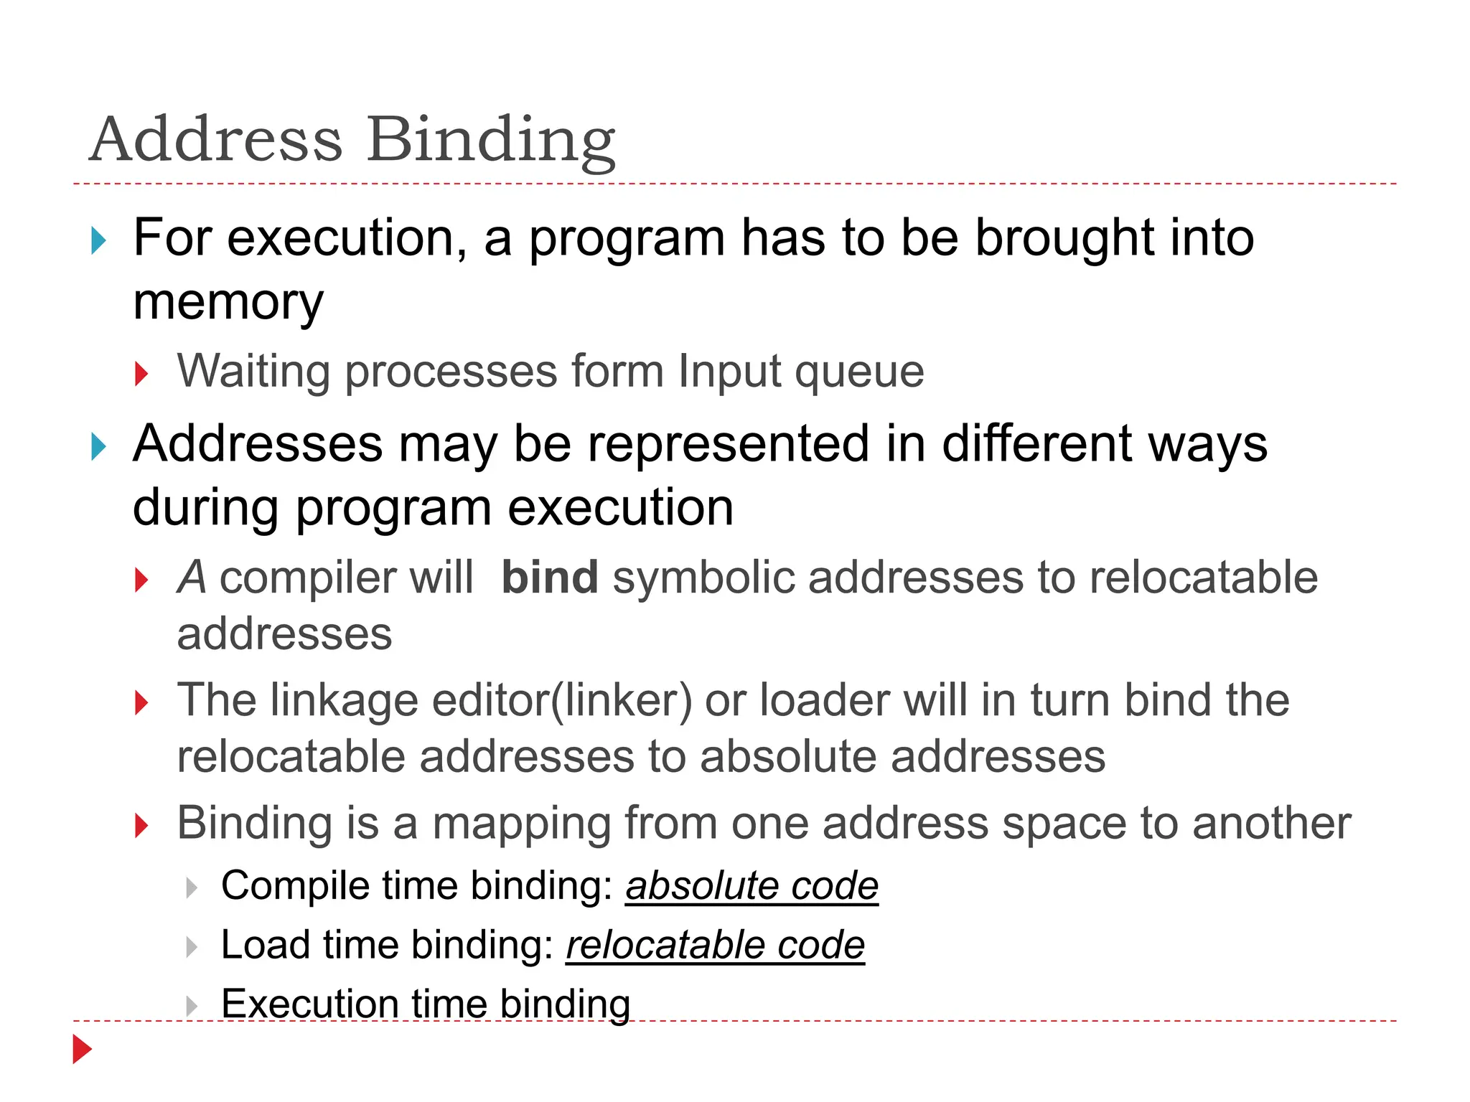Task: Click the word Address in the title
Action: [x=216, y=140]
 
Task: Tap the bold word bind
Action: [x=550, y=578]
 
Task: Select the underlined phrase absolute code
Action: [x=752, y=885]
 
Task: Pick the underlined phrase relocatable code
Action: [x=715, y=945]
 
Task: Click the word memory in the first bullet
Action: [x=228, y=301]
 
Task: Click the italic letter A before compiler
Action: [x=192, y=578]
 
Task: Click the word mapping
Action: [x=521, y=823]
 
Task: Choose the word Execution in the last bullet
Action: [x=309, y=1004]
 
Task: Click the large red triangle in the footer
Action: [x=83, y=1050]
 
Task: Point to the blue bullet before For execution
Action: [x=99, y=240]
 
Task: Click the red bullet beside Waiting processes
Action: [x=141, y=374]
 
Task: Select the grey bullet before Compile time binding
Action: [x=191, y=888]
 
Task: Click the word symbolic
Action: [x=703, y=578]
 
